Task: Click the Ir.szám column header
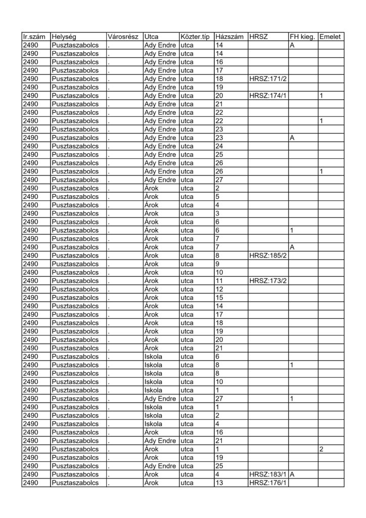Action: coord(35,37)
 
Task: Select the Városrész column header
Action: coord(124,37)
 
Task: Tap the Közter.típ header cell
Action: coord(195,37)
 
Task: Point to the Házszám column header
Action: coord(230,37)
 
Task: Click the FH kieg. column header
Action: coord(302,37)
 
